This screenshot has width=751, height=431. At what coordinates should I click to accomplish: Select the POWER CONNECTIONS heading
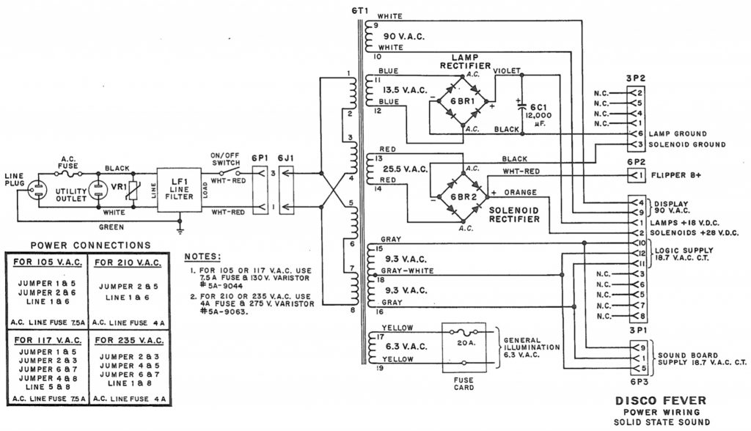(91, 245)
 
